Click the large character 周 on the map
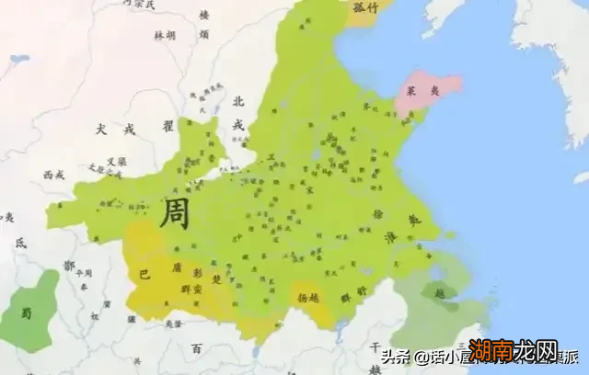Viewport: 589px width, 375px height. (x=175, y=214)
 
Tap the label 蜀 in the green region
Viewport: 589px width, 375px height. (x=27, y=313)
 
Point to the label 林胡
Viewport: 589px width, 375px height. (x=164, y=35)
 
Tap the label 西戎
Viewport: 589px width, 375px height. (x=53, y=173)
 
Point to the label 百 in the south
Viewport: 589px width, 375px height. (x=196, y=348)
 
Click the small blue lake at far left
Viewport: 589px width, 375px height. (x=19, y=60)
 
